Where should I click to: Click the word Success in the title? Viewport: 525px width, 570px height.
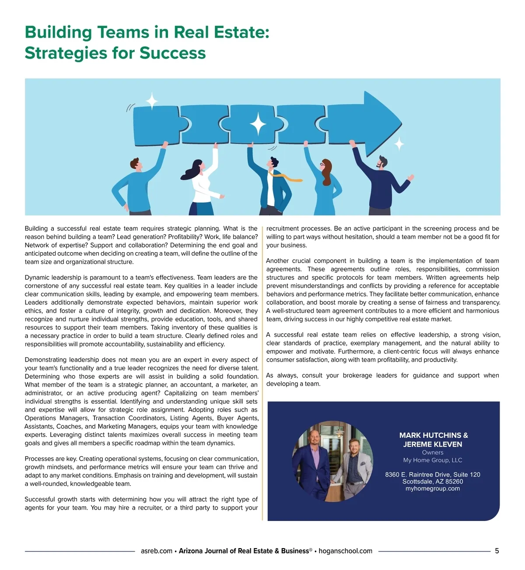tap(172, 53)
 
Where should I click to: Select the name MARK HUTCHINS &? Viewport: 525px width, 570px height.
tap(433, 435)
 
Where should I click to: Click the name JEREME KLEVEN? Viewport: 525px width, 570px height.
tap(433, 444)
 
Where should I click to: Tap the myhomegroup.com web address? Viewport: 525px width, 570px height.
tap(433, 489)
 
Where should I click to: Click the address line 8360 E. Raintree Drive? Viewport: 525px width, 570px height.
tap(432, 475)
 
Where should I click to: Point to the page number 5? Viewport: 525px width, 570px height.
tap(497, 551)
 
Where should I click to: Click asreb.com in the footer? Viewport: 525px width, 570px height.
tap(156, 551)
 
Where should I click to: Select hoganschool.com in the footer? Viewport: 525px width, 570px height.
tap(345, 551)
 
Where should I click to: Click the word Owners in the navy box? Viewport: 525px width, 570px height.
tap(433, 452)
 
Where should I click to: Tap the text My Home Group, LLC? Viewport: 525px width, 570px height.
tap(433, 460)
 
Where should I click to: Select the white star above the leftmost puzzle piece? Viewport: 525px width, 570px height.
tap(151, 101)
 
